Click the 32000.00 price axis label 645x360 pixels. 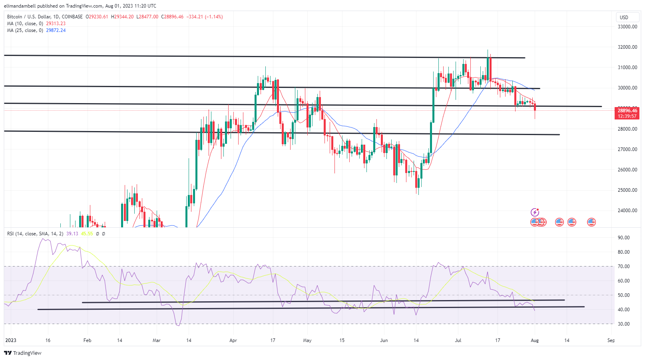[627, 47]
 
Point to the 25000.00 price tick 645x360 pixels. [627, 190]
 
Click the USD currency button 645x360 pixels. [624, 18]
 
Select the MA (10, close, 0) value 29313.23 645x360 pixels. [56, 24]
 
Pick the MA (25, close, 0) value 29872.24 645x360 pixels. [56, 30]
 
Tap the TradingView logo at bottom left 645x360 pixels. [23, 353]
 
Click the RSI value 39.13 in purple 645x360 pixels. [72, 234]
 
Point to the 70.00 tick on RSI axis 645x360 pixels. [623, 267]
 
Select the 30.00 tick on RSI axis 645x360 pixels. [623, 324]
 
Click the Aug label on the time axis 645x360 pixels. [535, 340]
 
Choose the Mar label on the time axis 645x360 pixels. [157, 340]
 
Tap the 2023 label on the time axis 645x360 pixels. [11, 340]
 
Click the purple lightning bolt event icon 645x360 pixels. [535, 212]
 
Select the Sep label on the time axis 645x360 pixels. [611, 340]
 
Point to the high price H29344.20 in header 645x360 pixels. [122, 17]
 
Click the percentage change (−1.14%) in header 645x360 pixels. [214, 17]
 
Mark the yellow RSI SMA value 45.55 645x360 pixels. [87, 234]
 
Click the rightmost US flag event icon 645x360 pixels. [591, 222]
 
